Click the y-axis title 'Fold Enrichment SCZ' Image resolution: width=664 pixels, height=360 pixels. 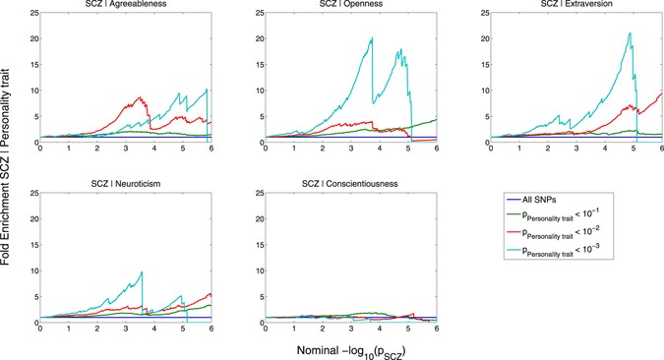point(9,177)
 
